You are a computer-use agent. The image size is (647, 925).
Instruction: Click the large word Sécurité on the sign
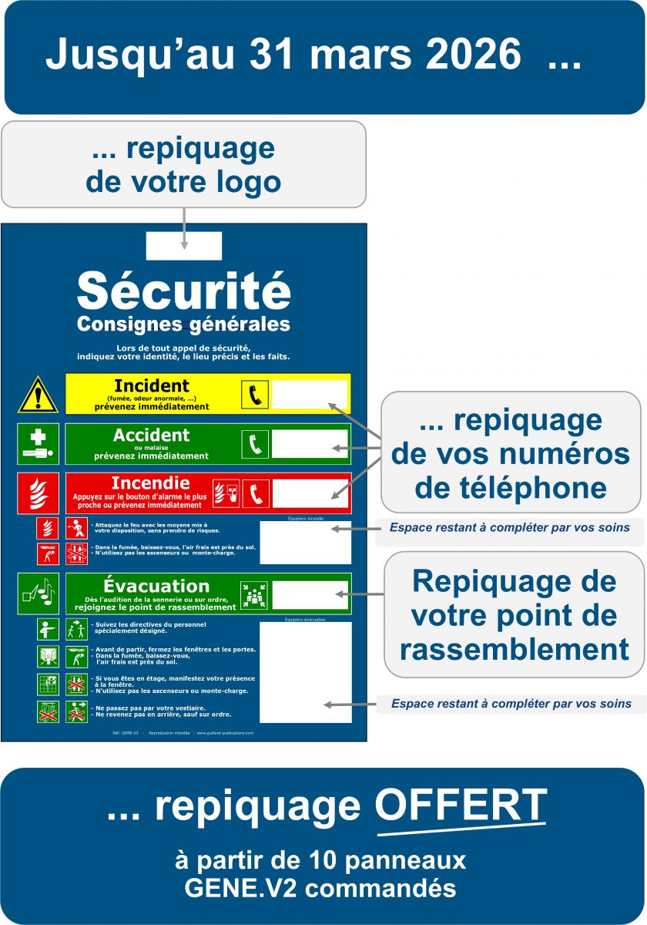coord(184,291)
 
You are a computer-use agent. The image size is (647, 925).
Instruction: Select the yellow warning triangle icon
coord(38,395)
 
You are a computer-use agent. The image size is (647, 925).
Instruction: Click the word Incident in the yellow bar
coord(152,385)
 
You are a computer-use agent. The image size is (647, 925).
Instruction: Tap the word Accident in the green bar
coord(151,436)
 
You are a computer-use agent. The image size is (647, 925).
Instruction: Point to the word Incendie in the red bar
coord(151,483)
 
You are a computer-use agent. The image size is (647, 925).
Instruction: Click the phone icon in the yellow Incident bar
coord(254,395)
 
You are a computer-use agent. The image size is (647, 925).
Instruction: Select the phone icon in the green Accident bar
coord(254,444)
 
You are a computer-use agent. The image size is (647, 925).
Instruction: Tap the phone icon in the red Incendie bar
coord(255,493)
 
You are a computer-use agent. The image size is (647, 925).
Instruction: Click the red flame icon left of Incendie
coord(38,493)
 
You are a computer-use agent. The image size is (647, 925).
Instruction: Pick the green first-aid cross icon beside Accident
coord(38,444)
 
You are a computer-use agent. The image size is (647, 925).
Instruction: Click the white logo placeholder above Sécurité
coord(184,246)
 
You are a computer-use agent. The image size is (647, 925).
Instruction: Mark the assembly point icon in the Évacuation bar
coord(254,594)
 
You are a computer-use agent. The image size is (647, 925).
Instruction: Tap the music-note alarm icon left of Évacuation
coord(38,594)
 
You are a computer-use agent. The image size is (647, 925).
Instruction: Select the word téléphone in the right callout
coord(511,488)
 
